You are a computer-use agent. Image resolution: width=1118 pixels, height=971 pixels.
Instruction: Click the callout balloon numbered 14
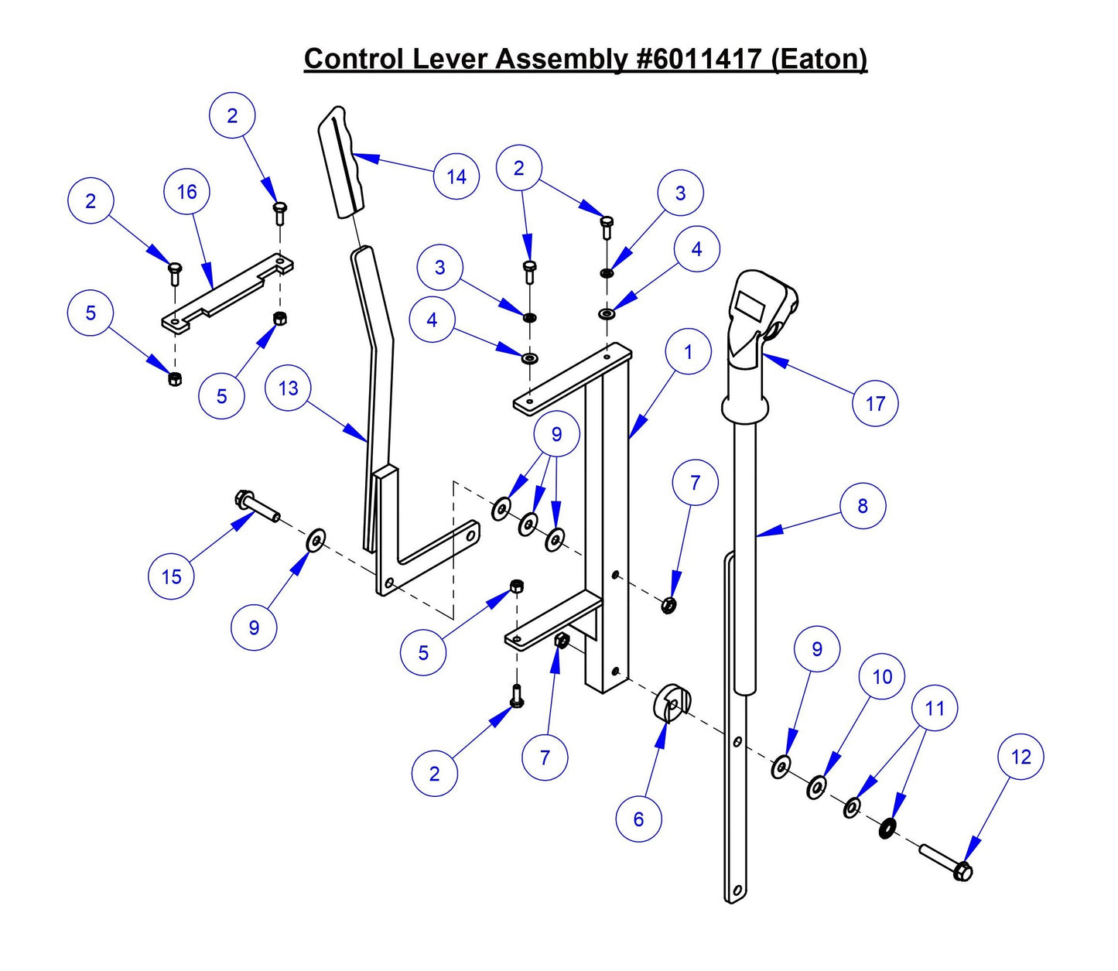coord(456,176)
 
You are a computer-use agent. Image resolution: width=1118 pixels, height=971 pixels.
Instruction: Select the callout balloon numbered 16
coord(187,192)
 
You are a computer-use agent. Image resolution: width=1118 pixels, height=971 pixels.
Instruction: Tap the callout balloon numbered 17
coord(875,403)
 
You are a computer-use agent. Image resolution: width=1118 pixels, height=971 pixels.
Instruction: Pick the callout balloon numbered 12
coord(1021,757)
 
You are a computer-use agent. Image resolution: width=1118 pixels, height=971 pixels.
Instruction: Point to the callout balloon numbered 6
coord(638,819)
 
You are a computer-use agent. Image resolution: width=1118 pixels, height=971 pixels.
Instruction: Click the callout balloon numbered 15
coord(171,576)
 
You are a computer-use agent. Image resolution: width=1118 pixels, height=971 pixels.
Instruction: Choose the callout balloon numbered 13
coord(288,388)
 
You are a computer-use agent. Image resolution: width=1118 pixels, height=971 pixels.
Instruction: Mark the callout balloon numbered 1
coord(688,352)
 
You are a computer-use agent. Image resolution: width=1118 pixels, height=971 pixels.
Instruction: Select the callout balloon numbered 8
coord(863,506)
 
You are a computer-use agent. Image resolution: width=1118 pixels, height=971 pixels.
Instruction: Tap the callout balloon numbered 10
coord(882,677)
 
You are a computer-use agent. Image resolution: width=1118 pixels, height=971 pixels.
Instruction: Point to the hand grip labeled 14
coord(344,162)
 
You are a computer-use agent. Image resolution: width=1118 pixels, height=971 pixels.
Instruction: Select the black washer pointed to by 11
coord(887,829)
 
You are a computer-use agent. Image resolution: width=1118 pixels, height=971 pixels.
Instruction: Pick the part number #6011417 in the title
coord(699,59)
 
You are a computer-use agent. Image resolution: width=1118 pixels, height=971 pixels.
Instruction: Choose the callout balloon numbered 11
coord(935,708)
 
